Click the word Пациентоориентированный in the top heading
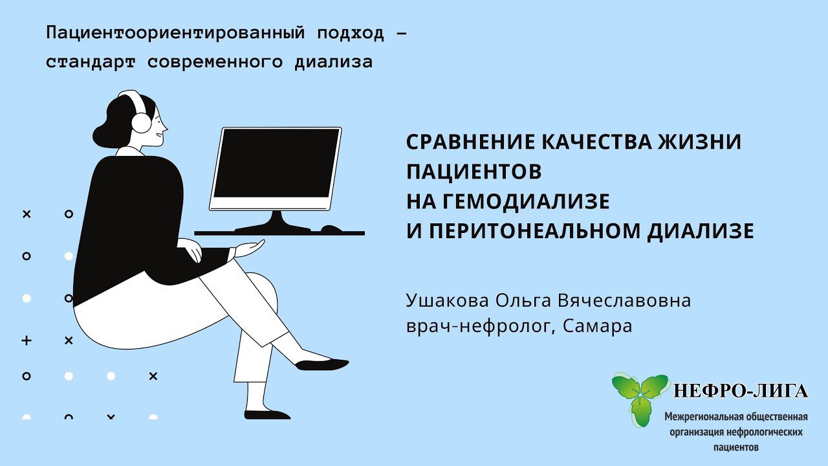coord(175,33)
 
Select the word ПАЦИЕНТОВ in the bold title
coord(474,172)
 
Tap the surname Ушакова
coord(448,301)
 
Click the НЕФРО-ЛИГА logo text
coord(740,391)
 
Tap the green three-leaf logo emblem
coord(640,395)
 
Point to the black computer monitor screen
coord(277,163)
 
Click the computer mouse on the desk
coord(332,228)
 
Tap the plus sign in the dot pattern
coord(27,340)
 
